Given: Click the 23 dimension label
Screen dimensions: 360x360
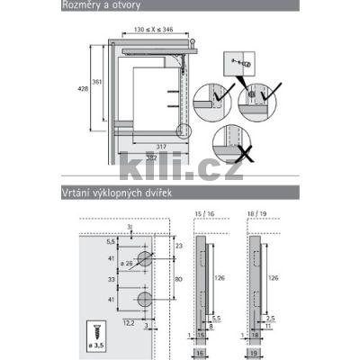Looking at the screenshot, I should coord(179,245).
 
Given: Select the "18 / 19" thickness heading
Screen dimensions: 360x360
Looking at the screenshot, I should coord(256,214).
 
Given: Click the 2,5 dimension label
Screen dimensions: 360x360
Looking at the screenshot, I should coord(269,318).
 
